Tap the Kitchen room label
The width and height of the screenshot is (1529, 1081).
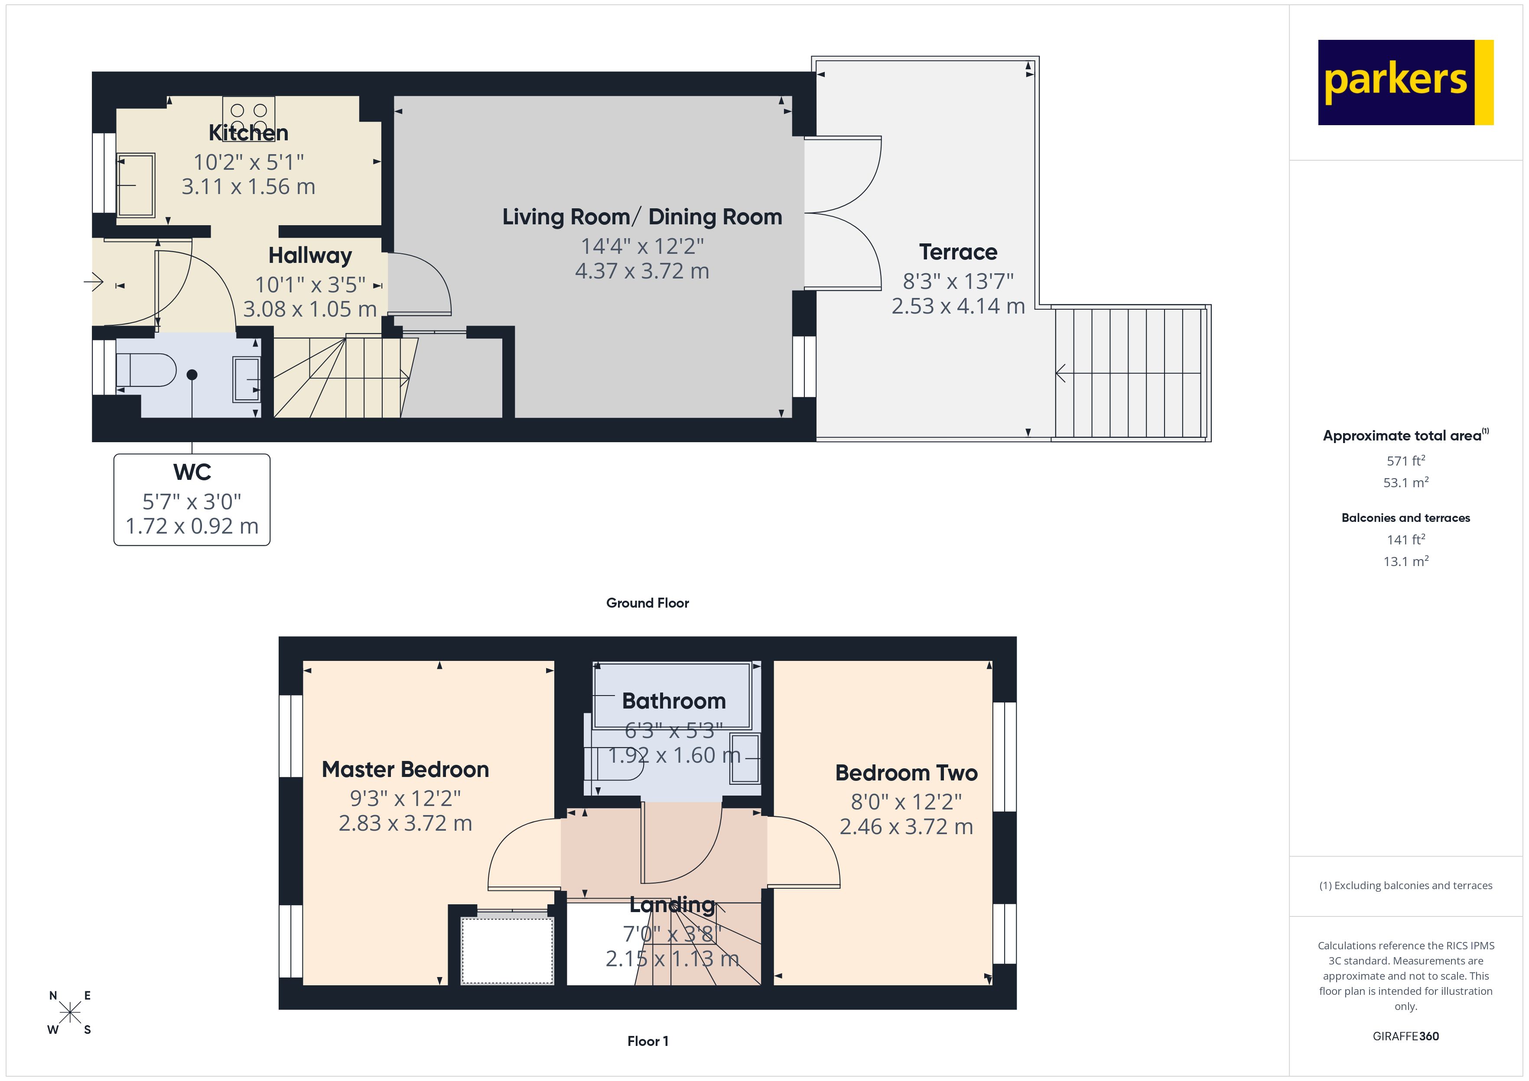coord(248,133)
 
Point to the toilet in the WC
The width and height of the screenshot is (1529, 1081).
coord(146,370)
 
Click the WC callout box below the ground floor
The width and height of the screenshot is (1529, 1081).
coord(192,500)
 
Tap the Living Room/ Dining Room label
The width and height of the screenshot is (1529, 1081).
coord(642,217)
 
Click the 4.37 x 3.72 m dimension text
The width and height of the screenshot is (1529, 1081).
coord(642,271)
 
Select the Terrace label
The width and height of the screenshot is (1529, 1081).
coord(958,252)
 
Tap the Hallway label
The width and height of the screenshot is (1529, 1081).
coord(310,256)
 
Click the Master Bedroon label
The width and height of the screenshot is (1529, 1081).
coord(405,770)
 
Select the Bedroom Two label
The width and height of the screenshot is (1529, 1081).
coord(906,773)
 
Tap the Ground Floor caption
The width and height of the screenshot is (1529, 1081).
coord(647,603)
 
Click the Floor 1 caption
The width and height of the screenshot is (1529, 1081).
coord(647,1041)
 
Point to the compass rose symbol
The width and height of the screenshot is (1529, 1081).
coord(70,1013)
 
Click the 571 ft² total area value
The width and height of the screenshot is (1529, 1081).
coord(1405,461)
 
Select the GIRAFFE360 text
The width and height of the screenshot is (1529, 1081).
coord(1405,1036)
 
